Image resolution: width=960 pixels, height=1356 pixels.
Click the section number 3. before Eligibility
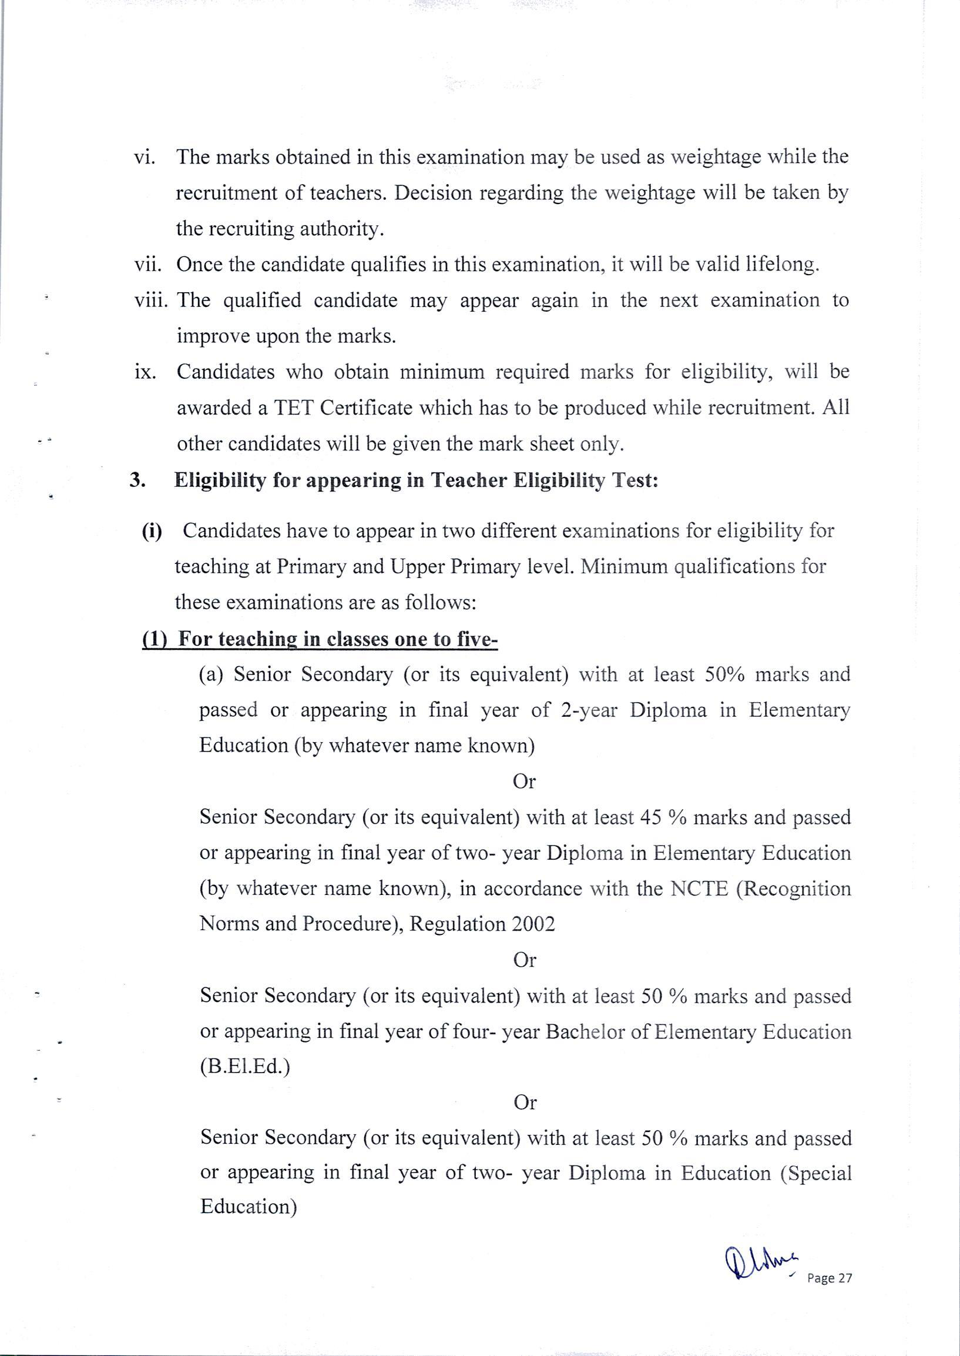pos(137,480)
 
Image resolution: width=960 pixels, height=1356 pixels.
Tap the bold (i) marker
pos(152,530)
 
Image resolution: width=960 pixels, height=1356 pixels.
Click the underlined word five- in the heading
pos(478,640)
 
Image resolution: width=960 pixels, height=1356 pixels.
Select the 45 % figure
pos(663,817)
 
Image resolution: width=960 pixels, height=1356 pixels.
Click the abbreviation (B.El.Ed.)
pos(246,1066)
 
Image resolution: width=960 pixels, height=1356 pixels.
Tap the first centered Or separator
pos(523,781)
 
